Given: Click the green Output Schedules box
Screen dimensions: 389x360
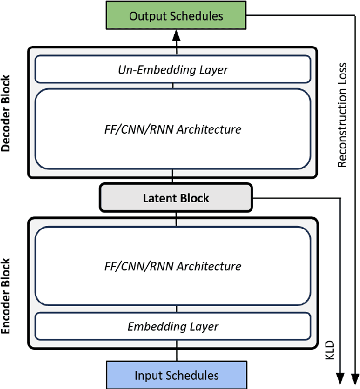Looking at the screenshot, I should (176, 16).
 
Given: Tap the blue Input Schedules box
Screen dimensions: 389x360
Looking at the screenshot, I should (176, 375).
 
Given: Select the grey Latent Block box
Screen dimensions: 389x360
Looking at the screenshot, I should (176, 198).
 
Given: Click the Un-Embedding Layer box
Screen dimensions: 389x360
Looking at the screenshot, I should (172, 70).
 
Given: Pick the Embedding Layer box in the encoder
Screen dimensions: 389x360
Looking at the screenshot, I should (172, 327).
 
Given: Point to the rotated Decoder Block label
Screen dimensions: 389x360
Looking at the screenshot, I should (7, 113).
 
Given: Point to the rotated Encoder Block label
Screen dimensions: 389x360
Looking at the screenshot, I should (7, 296).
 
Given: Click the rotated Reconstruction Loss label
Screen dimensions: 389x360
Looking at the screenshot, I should (342, 114).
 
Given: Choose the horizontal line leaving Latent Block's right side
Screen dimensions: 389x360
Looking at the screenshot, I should (295, 198).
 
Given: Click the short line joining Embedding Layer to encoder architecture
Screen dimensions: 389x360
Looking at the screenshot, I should (172, 310).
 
